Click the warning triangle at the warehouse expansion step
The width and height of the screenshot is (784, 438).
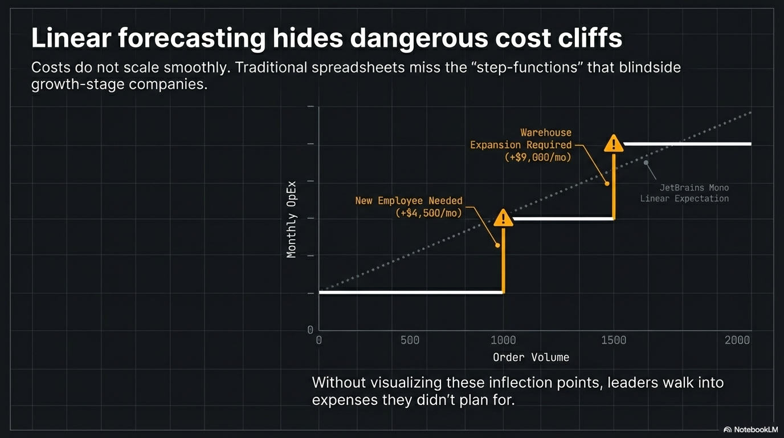[614, 144]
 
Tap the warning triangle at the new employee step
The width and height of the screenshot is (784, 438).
[503, 218]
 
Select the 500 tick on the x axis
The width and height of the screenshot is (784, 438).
[410, 340]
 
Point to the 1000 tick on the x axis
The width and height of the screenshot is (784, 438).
[503, 340]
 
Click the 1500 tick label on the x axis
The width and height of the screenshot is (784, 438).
[613, 340]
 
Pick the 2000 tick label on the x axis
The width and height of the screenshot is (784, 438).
[737, 340]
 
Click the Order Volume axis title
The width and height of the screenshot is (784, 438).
[531, 358]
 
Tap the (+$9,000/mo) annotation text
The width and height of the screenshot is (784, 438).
[537, 157]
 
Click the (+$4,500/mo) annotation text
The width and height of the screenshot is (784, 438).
[428, 213]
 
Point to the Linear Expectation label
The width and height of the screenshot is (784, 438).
[684, 198]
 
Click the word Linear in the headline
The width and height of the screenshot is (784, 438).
[70, 38]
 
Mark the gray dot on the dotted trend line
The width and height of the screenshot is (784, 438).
[646, 163]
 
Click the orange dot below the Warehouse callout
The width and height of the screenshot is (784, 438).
[607, 184]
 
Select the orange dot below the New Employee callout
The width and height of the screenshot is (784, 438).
[497, 245]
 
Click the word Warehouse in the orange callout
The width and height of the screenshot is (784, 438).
[545, 133]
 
